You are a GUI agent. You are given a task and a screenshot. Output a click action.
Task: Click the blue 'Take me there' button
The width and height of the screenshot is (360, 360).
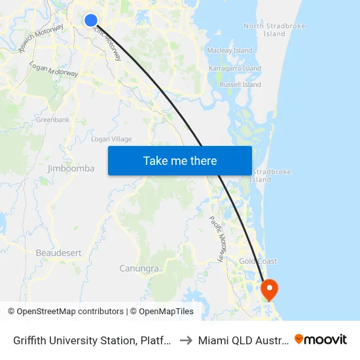[x=180, y=160]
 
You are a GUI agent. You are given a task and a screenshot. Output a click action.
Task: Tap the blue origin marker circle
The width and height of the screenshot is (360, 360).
[x=91, y=21]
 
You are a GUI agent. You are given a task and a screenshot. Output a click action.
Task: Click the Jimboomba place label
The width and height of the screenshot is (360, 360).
[x=71, y=168]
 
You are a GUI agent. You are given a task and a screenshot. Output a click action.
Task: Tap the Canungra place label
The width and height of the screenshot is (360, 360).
[x=139, y=268]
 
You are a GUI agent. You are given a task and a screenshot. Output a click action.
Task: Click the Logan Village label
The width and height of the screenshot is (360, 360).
[x=111, y=139]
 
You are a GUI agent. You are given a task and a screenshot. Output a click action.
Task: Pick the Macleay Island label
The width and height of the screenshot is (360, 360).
[x=229, y=50]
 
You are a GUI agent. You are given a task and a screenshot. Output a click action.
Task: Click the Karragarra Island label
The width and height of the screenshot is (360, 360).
[x=234, y=68]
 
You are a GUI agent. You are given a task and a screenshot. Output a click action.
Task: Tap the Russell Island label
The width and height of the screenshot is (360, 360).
[x=240, y=84]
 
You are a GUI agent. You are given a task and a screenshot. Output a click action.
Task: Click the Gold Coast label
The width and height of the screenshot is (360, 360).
[x=258, y=261]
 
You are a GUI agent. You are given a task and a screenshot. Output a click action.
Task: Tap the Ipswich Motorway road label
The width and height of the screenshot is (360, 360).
[x=46, y=39]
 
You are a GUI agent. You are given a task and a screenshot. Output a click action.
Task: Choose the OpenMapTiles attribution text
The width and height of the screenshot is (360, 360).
[x=166, y=312]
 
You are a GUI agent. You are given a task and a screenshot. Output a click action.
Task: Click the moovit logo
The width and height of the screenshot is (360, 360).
[x=321, y=339]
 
